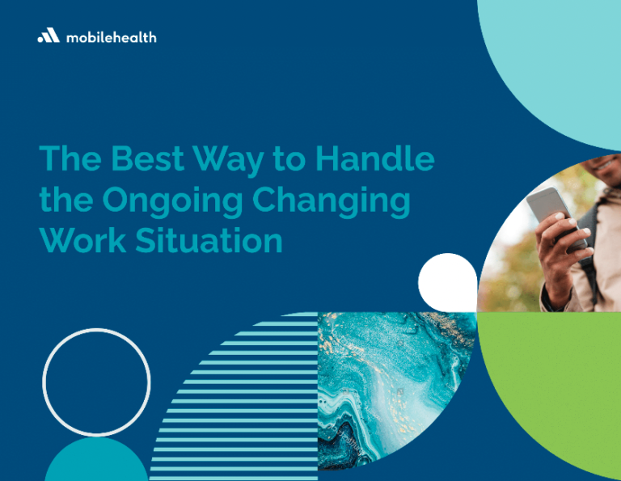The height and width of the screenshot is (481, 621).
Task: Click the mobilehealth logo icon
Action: click(x=49, y=36)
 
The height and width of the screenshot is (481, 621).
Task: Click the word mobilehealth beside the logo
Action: click(x=112, y=38)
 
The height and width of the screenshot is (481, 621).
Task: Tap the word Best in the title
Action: click(x=147, y=158)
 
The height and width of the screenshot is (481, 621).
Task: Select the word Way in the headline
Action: click(x=228, y=161)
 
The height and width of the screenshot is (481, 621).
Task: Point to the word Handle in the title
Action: click(x=374, y=158)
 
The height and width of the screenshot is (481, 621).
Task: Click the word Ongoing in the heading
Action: click(x=172, y=201)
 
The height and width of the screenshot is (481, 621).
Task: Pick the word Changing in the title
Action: click(x=331, y=201)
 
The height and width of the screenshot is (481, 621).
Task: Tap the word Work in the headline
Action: click(x=82, y=240)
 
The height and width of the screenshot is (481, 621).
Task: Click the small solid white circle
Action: click(x=448, y=282)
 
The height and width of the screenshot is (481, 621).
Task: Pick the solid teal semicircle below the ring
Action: click(x=96, y=462)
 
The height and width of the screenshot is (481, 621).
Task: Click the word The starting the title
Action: click(x=70, y=158)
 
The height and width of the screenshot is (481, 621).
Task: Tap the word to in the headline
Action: click(x=289, y=159)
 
